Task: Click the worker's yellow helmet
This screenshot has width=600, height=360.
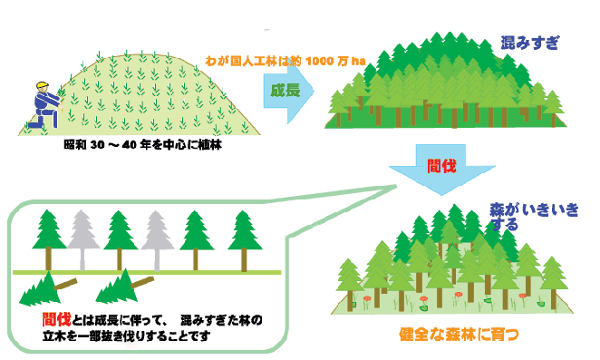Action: (x=41, y=86)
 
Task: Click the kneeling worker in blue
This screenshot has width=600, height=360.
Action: (x=43, y=107)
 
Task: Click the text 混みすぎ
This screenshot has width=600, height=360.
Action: (x=530, y=42)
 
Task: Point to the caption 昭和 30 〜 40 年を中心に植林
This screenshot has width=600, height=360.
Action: (x=142, y=145)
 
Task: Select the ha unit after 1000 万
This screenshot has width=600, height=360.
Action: (x=360, y=60)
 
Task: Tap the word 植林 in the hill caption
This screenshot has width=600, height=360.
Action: (x=211, y=145)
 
